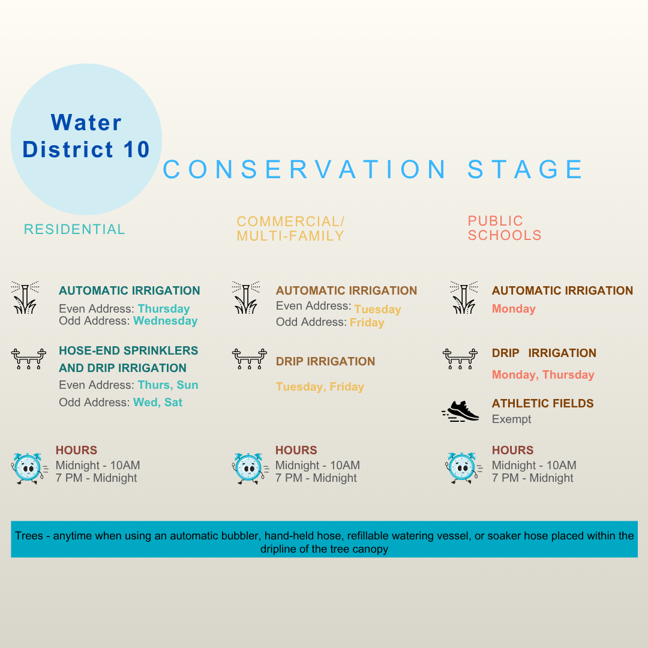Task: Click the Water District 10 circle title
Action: click(86, 136)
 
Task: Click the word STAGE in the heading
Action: click(526, 170)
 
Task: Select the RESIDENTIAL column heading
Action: click(74, 229)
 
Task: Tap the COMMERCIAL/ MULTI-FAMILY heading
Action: click(290, 229)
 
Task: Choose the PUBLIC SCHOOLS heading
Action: click(505, 228)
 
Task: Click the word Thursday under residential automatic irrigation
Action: click(163, 309)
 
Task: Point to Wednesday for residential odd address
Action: click(165, 321)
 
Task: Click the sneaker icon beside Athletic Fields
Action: click(461, 412)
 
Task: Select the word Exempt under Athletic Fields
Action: click(511, 419)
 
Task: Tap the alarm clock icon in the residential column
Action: click(28, 468)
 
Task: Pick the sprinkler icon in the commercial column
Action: click(245, 298)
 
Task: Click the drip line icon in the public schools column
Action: click(460, 358)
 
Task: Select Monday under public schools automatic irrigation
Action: click(513, 309)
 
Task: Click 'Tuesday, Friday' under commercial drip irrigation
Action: click(320, 387)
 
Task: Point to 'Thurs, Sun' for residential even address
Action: click(167, 385)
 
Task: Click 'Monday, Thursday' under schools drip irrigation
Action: click(542, 375)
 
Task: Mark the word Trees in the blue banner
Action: click(29, 536)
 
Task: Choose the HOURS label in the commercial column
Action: click(296, 450)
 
